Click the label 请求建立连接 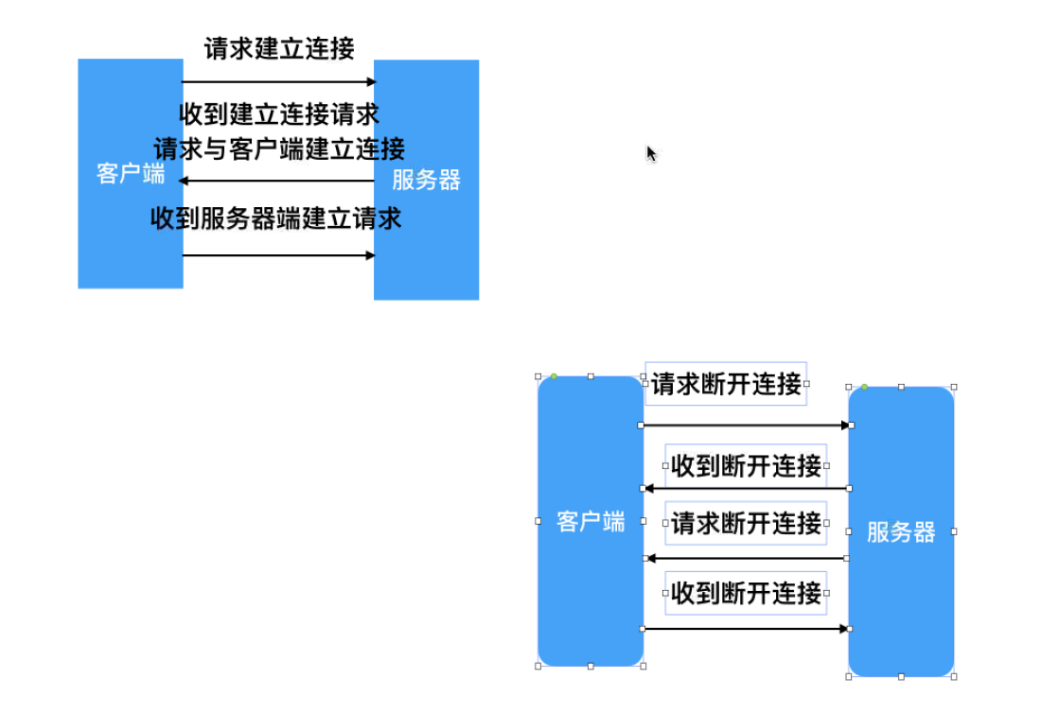click(279, 48)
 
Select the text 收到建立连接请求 click(279, 114)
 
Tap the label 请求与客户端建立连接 click(279, 148)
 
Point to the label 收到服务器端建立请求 click(276, 218)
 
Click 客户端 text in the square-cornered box click(130, 174)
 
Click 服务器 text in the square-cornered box click(426, 180)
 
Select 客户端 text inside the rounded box click(591, 522)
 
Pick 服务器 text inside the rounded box click(901, 532)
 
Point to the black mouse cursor click(651, 153)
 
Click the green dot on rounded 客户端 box click(554, 377)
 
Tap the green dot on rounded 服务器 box click(864, 387)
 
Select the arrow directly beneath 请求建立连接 click(278, 82)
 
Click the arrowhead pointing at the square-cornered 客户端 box click(185, 181)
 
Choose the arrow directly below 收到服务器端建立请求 click(278, 255)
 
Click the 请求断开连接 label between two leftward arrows click(746, 524)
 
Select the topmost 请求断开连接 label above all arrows click(726, 384)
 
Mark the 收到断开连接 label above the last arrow click(746, 594)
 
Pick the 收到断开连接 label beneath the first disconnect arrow click(746, 466)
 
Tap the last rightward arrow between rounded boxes click(746, 629)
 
